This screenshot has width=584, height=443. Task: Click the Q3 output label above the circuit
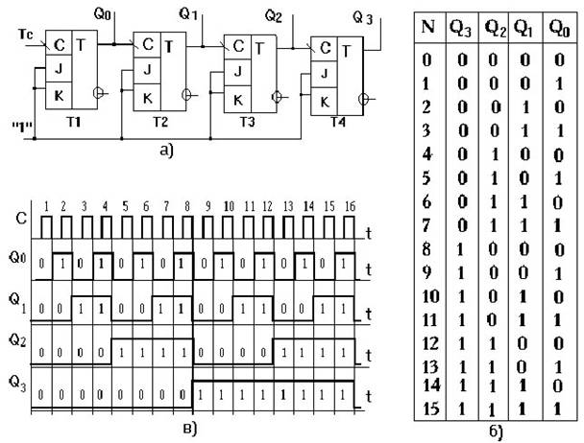pyautogui.click(x=361, y=20)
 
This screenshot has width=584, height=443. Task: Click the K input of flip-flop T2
pyautogui.click(x=146, y=99)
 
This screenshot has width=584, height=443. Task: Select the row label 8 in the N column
pyautogui.click(x=426, y=252)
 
